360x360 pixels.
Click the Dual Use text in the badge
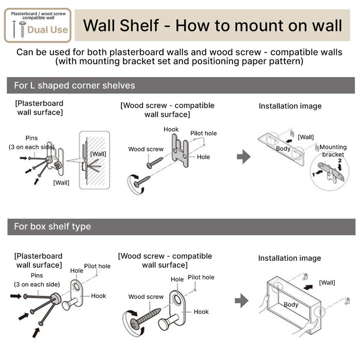click(x=47, y=30)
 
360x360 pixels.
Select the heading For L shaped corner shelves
click(x=75, y=85)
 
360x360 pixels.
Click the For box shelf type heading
click(x=52, y=226)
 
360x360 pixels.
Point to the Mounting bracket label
click(x=333, y=150)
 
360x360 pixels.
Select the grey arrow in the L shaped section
click(x=243, y=157)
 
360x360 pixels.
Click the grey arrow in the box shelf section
click(x=242, y=300)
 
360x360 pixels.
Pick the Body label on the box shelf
click(x=291, y=304)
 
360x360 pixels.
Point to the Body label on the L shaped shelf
click(x=283, y=149)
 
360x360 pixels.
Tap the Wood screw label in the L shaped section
click(x=146, y=149)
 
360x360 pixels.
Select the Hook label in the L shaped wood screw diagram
click(x=171, y=130)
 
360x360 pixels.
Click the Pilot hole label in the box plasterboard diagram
click(x=97, y=266)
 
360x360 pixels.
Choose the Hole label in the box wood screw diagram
click(x=177, y=279)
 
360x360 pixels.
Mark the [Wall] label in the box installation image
click(x=327, y=282)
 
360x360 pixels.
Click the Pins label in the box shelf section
click(x=37, y=275)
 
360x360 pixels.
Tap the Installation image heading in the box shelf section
click(x=290, y=258)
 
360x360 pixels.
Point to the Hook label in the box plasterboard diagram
click(x=99, y=296)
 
